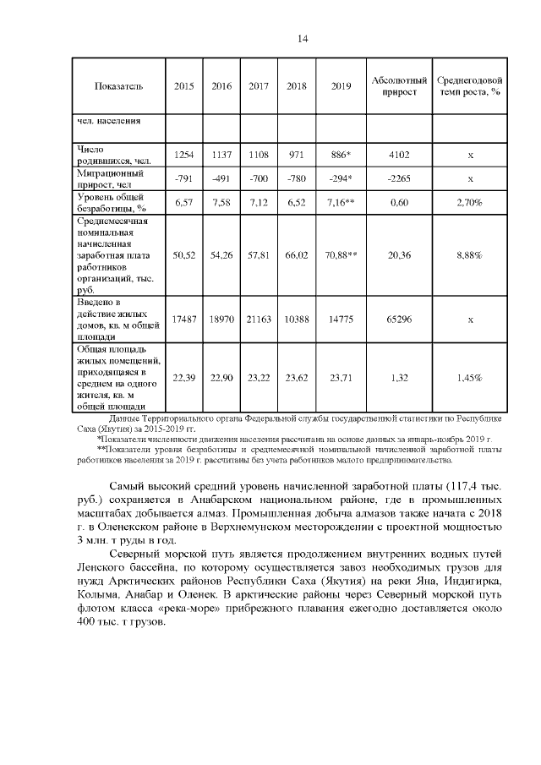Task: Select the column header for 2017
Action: point(259,86)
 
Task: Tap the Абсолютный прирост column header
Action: point(399,85)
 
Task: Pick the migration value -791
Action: point(183,178)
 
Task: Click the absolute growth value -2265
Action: point(399,178)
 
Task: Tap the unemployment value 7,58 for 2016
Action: point(221,203)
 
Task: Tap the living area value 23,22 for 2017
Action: point(259,378)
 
